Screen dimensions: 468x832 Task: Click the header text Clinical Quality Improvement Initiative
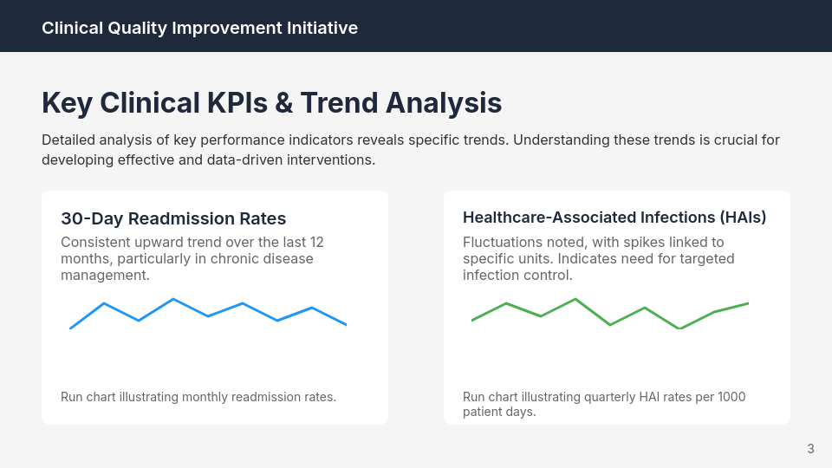coord(199,28)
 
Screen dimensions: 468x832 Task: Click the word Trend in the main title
coord(340,103)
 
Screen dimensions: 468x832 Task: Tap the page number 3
coord(810,449)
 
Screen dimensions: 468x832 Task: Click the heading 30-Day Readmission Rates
coord(173,218)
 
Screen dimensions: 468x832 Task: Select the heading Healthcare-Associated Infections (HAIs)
coord(614,217)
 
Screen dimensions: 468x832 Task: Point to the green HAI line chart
coord(610,314)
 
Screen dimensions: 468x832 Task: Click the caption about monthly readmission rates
coord(198,397)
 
